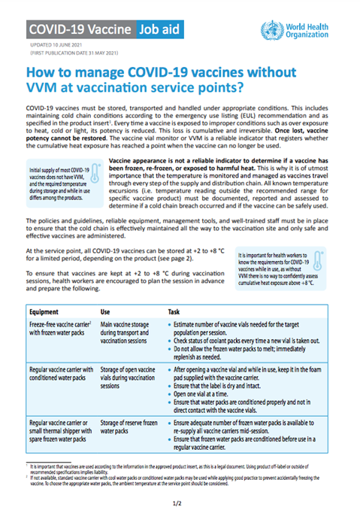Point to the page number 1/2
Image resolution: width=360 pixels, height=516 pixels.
pyautogui.click(x=180, y=500)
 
